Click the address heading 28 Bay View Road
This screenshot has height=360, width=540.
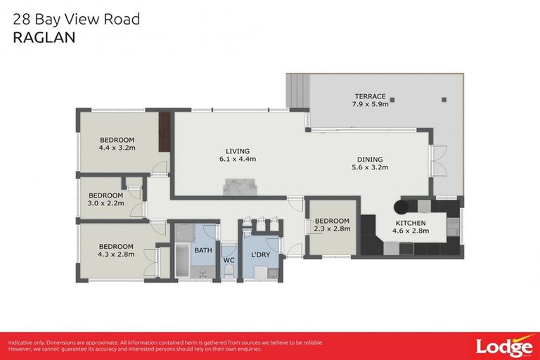click(x=77, y=19)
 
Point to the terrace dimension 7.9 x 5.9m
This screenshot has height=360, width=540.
click(x=370, y=105)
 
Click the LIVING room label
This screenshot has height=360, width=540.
click(x=237, y=151)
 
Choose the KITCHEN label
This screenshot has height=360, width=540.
click(x=410, y=223)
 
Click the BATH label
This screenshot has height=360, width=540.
click(x=203, y=250)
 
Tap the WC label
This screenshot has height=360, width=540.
click(x=229, y=259)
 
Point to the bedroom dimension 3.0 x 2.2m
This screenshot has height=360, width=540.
click(x=106, y=203)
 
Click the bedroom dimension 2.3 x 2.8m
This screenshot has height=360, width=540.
click(x=332, y=229)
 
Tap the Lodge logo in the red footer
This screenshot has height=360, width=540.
click(x=503, y=346)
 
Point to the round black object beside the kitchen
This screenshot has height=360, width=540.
click(x=401, y=207)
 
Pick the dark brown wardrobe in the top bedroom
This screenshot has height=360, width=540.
click(x=165, y=133)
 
